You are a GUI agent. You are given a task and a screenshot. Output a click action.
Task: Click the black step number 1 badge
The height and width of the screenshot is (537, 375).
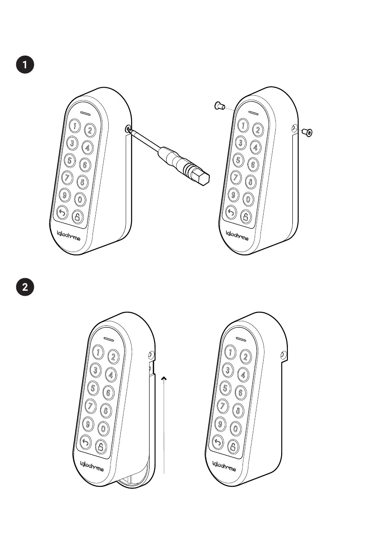25,64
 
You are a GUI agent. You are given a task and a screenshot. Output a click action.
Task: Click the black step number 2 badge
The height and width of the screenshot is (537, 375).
25,288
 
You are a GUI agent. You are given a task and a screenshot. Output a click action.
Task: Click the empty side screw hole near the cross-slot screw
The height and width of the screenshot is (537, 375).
295,129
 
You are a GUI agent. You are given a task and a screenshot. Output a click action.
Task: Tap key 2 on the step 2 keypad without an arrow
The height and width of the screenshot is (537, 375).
246,357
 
